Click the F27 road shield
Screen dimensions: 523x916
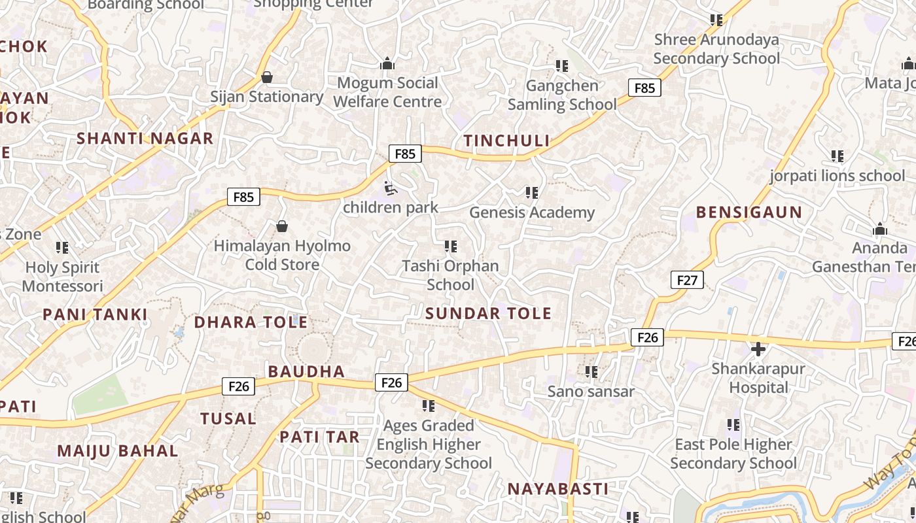click(687, 280)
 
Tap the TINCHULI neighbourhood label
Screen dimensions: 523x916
click(506, 141)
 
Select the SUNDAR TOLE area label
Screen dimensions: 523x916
click(488, 313)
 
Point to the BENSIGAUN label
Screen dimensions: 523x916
click(749, 212)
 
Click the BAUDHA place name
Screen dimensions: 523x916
click(306, 371)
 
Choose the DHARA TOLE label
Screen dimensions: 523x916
click(251, 322)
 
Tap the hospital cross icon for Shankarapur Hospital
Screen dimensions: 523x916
click(758, 349)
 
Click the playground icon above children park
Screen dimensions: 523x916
click(390, 189)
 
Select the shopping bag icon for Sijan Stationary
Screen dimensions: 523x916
click(267, 77)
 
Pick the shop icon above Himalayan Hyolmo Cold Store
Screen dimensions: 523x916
click(282, 226)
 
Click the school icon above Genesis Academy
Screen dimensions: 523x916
click(532, 192)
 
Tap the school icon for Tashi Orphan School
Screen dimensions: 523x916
click(450, 246)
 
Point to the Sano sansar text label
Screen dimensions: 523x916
click(591, 392)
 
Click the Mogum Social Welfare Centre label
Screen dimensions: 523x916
click(387, 92)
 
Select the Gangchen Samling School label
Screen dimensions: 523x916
click(562, 95)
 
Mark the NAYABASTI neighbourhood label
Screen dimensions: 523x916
click(558, 489)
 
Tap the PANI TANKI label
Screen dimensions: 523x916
click(96, 314)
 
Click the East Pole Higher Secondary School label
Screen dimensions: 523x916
click(733, 454)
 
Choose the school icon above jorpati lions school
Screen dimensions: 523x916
click(837, 156)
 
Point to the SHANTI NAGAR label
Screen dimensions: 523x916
click(145, 139)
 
